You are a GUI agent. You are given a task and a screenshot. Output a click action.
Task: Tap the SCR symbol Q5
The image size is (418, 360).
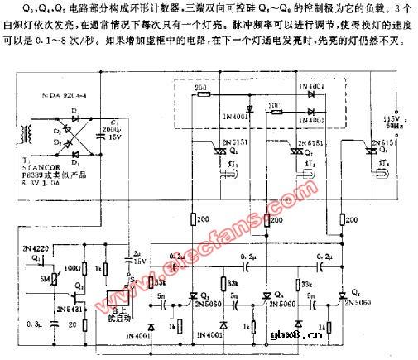click(343, 295)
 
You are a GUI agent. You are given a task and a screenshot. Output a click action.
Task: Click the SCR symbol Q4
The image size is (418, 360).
click(267, 296)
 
